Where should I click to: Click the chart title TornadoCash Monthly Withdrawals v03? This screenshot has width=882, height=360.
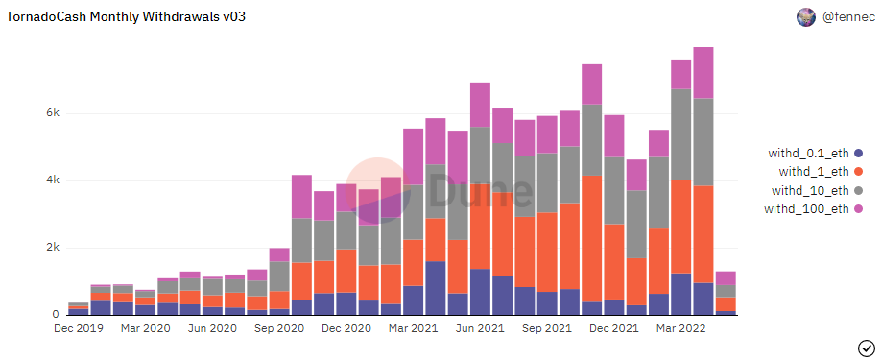click(x=126, y=17)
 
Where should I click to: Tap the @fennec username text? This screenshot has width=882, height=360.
click(x=848, y=17)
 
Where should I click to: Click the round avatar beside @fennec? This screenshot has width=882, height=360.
click(x=806, y=17)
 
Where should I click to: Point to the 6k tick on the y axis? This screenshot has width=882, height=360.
click(x=53, y=113)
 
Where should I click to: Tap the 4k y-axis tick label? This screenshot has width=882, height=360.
click(x=53, y=180)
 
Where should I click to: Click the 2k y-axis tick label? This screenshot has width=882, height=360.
click(x=53, y=248)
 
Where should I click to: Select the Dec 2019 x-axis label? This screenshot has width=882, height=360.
click(x=79, y=328)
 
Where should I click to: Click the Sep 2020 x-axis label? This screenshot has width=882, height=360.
click(x=279, y=328)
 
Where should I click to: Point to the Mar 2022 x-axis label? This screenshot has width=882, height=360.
click(x=681, y=328)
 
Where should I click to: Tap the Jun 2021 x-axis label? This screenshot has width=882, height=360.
click(x=481, y=328)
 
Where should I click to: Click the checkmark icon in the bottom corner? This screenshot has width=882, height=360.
click(x=865, y=348)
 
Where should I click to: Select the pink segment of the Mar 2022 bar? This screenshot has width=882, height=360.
click(x=681, y=74)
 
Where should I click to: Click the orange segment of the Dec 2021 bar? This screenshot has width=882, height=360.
click(x=614, y=262)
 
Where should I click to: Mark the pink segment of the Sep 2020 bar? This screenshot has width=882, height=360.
click(x=279, y=254)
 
